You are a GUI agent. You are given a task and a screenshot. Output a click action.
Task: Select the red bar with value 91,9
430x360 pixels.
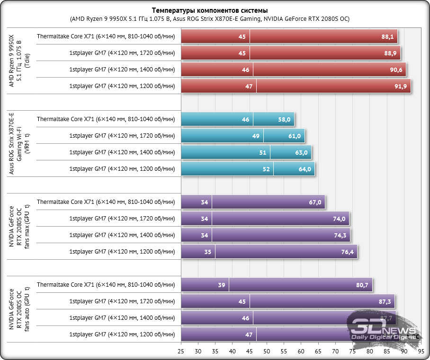point(331,86)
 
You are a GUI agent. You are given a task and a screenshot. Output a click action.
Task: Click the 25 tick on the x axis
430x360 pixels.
point(181,351)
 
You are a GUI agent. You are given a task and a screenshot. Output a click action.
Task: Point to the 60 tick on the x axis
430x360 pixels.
point(301,351)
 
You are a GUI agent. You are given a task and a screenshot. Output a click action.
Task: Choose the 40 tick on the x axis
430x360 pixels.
point(233,351)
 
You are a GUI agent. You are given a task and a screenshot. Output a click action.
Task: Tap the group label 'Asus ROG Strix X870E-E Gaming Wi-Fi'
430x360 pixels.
point(19,143)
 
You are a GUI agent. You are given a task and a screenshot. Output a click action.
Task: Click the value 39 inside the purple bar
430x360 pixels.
point(222,285)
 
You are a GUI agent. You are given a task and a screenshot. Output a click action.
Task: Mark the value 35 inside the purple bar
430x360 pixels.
point(208,252)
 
